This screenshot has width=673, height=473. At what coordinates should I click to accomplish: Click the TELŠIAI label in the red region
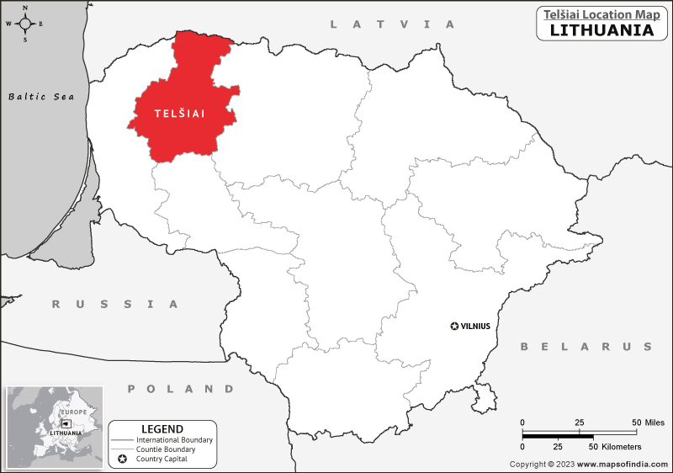180,113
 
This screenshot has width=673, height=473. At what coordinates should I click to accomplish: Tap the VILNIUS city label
475,326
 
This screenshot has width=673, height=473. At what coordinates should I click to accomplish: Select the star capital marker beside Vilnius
455,326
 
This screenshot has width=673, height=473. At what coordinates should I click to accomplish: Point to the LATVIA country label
392,24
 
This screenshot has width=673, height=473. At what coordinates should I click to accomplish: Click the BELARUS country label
586,346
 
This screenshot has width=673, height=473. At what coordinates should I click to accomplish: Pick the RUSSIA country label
115,304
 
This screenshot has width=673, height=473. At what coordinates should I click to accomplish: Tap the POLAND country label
181,389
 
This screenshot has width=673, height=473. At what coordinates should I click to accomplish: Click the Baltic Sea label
41,97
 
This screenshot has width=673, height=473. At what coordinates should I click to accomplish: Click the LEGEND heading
162,428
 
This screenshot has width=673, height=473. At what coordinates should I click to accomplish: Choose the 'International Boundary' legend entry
175,440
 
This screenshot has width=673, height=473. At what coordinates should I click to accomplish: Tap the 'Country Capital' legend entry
167,459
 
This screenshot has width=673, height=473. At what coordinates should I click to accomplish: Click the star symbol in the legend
123,459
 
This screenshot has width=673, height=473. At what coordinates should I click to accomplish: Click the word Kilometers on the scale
621,446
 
